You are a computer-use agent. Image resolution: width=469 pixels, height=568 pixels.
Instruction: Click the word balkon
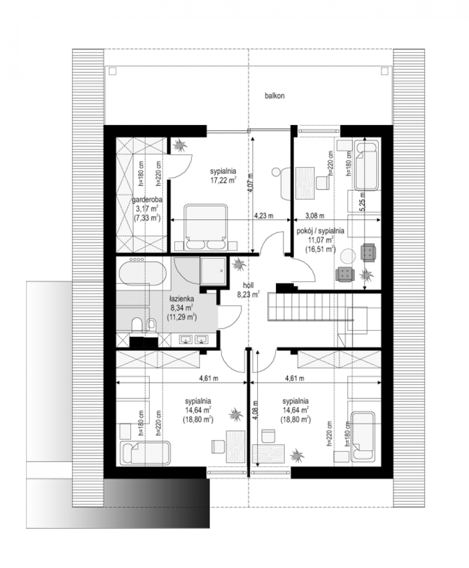click(275, 96)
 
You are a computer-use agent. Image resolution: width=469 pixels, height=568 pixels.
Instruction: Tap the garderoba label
click(147, 200)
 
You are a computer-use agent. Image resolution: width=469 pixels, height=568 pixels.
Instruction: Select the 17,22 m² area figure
click(223, 180)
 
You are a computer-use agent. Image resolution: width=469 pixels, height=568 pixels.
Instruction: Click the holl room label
click(248, 285)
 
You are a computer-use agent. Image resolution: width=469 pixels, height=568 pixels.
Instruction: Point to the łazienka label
click(181, 299)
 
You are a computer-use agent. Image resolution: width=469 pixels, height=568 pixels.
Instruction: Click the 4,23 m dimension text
click(264, 216)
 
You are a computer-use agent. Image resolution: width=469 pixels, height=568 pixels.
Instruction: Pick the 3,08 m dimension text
click(315, 216)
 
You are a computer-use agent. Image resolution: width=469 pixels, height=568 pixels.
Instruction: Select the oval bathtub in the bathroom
click(142, 273)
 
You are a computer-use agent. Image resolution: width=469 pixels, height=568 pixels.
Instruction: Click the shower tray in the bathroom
click(213, 271)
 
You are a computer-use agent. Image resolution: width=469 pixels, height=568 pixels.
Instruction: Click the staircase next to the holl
click(310, 307)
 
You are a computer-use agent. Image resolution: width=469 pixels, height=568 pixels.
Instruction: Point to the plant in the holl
click(239, 264)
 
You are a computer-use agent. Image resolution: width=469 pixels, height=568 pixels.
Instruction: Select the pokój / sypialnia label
click(320, 231)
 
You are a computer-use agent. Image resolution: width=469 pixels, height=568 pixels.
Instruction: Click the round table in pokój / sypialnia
click(348, 256)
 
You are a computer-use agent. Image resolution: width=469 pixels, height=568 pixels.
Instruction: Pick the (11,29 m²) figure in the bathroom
click(181, 317)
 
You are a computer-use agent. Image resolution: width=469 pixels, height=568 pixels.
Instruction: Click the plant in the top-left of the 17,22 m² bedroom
click(180, 145)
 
